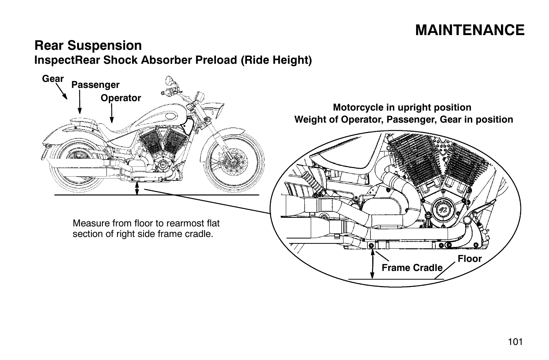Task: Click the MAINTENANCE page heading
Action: tap(470, 30)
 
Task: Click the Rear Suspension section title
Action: tap(88, 46)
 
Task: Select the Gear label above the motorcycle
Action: tap(53, 78)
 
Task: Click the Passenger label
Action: tap(95, 85)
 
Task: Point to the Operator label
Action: tap(120, 98)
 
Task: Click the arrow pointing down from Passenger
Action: tap(80, 102)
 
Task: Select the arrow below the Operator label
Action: tap(112, 113)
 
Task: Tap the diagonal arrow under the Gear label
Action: tap(62, 92)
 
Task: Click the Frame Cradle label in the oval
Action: tap(412, 268)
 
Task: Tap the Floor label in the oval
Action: tap(470, 259)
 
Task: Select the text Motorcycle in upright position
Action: tap(402, 108)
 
